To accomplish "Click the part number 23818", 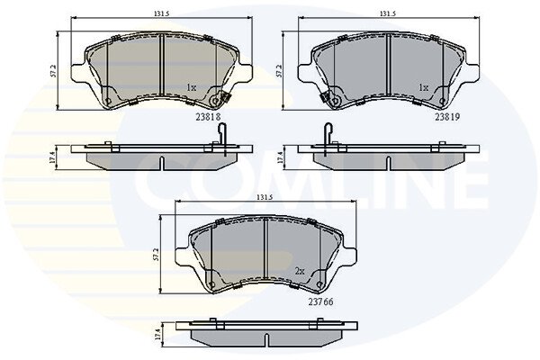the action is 208,117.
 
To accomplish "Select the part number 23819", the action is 447,117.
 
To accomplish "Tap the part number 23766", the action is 320,301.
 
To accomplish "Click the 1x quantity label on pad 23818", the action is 192,88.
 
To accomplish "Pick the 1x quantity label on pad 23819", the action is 423,88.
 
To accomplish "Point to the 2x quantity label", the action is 300,272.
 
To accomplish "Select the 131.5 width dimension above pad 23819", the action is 388,13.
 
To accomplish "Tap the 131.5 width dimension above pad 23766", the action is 265,197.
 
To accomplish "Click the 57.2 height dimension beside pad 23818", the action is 53,71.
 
